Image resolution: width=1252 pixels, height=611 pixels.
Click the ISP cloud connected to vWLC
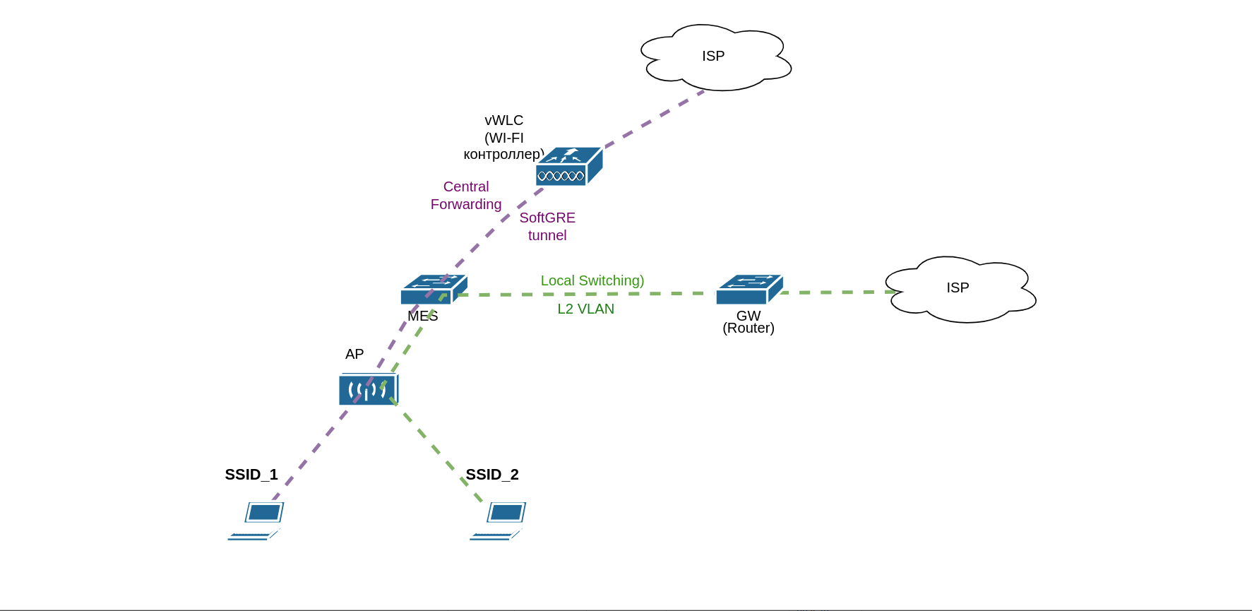click(715, 57)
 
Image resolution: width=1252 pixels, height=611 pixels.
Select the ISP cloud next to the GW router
click(959, 289)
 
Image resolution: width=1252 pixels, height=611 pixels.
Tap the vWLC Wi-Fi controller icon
click(568, 167)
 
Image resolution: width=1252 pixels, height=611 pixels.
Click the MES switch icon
click(433, 289)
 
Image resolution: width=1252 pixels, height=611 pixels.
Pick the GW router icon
click(749, 289)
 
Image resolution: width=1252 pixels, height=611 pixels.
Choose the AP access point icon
click(368, 389)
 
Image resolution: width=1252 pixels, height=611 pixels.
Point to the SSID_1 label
click(251, 475)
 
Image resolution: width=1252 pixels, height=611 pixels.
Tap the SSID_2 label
click(492, 475)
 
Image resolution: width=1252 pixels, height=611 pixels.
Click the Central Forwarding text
click(466, 196)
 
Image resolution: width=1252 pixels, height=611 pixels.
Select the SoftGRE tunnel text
click(547, 227)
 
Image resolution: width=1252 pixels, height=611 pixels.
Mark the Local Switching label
click(592, 280)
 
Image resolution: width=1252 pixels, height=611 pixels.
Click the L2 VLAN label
click(585, 309)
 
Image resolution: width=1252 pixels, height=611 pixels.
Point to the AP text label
click(354, 354)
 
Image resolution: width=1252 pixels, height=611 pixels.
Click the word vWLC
click(504, 120)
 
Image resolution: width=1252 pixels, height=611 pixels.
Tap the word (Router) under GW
click(749, 328)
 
